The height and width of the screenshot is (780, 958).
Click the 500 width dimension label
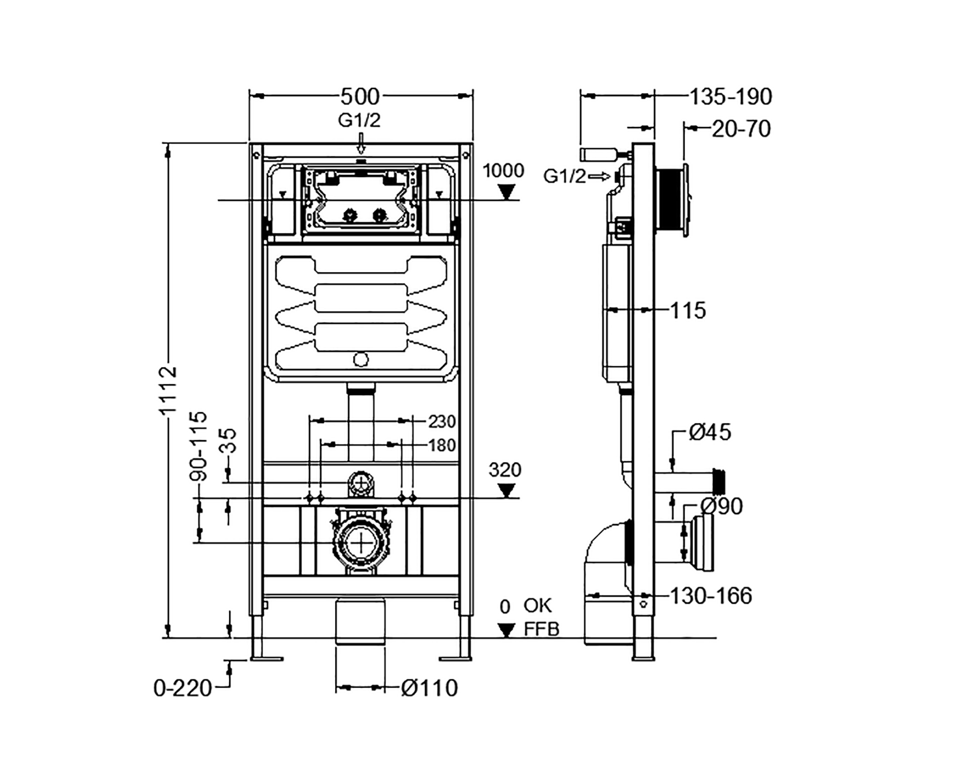(x=360, y=97)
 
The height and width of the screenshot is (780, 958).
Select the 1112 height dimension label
(x=168, y=390)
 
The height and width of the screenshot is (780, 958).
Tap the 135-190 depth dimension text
(x=731, y=97)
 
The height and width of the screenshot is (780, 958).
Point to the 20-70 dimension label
(x=741, y=129)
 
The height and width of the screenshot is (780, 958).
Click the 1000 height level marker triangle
(x=506, y=193)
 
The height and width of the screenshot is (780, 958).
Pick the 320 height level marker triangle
(x=506, y=491)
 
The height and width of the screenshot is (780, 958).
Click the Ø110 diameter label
(x=429, y=688)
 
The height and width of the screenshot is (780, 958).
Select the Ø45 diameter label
(x=710, y=432)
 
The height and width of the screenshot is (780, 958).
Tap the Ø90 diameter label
(x=722, y=507)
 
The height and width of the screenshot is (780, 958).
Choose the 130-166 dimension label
(x=711, y=596)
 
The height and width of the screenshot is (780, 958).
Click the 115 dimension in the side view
(x=688, y=310)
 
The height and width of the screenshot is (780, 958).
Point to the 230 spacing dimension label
(x=442, y=421)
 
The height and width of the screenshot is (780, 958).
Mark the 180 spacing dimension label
(x=442, y=446)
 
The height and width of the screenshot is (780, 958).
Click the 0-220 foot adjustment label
(x=183, y=688)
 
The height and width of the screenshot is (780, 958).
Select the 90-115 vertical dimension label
(x=198, y=446)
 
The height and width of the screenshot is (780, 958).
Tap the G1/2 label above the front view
(x=359, y=120)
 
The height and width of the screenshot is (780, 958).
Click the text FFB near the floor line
(x=541, y=630)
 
